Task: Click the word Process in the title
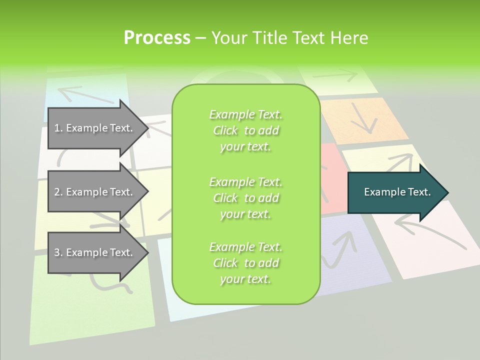(x=157, y=37)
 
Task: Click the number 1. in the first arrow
(x=58, y=128)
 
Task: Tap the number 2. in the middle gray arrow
(x=58, y=192)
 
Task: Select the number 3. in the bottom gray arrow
(x=58, y=252)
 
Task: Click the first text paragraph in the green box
(x=245, y=130)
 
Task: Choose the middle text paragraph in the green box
(x=245, y=198)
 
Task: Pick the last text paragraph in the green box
(x=245, y=263)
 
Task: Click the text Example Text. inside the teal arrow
(x=397, y=192)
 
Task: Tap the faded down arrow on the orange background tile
(x=363, y=118)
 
